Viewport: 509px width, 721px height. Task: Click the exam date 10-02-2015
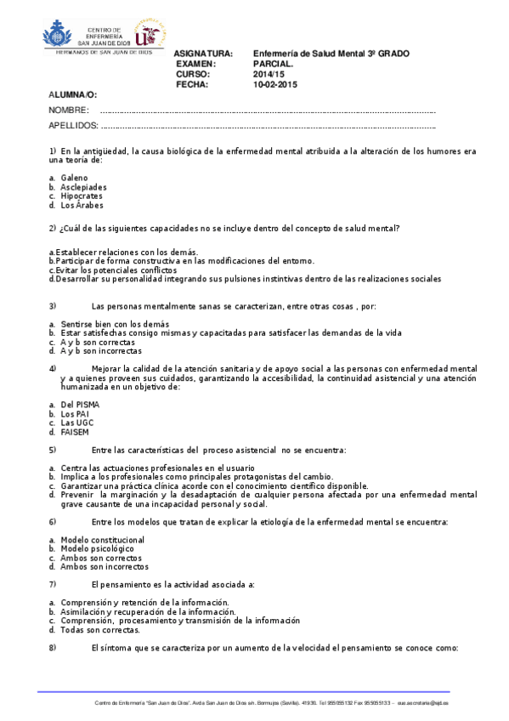coord(274,85)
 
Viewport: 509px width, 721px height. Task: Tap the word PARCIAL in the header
coord(274,64)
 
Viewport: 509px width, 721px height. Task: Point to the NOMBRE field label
coord(69,111)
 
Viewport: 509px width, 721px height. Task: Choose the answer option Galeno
coord(74,177)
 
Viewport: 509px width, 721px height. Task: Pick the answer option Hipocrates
coord(82,196)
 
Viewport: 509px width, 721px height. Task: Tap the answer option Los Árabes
coord(82,205)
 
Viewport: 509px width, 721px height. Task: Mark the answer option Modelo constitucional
coord(102,540)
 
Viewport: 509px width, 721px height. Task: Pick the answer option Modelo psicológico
coord(96,548)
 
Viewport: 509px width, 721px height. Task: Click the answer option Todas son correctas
coord(100,630)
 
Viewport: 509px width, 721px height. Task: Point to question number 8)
coord(53,648)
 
